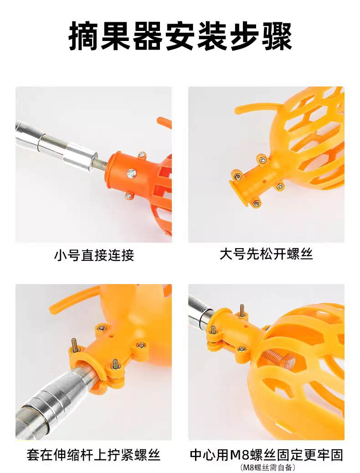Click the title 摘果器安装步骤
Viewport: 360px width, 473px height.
(180, 36)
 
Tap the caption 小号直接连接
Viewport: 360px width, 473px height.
(94, 255)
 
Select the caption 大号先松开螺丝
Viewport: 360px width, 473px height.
(266, 254)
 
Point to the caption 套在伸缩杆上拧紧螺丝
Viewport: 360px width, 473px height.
(93, 455)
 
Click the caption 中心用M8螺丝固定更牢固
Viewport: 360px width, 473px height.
(267, 455)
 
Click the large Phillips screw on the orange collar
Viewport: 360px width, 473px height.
(131, 173)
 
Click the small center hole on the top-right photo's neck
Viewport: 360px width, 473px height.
(265, 182)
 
